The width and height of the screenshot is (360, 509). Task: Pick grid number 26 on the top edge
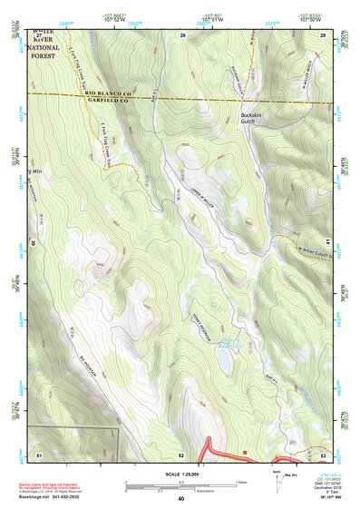[x=182, y=34]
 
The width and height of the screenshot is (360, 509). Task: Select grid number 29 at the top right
[x=324, y=34]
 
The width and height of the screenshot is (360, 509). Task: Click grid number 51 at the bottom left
[x=39, y=452]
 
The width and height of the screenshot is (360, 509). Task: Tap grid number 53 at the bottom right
[x=324, y=452]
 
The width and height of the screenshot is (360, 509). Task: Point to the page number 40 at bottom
[x=181, y=499]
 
